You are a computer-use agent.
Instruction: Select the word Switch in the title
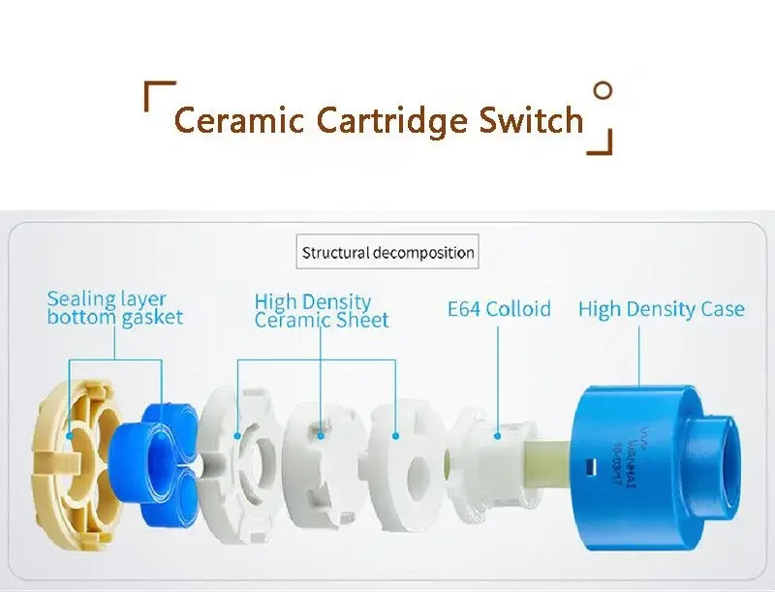point(532,121)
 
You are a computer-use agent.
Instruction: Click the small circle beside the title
point(603,92)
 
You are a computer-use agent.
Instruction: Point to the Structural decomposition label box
point(387,253)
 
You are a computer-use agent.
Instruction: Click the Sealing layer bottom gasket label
point(114,308)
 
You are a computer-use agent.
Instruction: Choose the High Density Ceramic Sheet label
point(321,311)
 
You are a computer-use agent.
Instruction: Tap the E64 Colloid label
point(499,309)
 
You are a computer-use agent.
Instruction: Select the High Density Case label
point(662,309)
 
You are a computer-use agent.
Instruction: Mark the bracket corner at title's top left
point(151,93)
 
